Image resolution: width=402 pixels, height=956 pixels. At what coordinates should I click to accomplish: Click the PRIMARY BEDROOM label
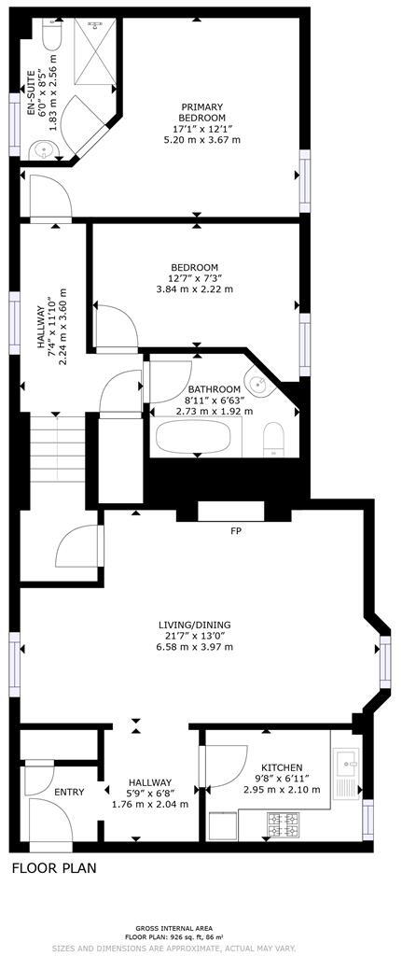[x=202, y=106]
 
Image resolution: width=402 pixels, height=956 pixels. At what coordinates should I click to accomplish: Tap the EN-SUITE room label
[x=30, y=93]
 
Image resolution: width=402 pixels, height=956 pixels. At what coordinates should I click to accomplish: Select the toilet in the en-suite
[x=51, y=36]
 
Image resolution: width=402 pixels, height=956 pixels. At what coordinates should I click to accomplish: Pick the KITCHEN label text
[x=282, y=766]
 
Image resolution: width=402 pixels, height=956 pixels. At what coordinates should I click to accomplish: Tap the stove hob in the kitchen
[x=284, y=823]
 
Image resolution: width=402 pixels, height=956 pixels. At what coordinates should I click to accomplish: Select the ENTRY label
[x=69, y=792]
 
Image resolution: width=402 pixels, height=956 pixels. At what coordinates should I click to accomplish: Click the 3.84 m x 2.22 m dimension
[x=194, y=288]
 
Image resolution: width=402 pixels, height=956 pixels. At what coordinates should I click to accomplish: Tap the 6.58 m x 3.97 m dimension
[x=194, y=646]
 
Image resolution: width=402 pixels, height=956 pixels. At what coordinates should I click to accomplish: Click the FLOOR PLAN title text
[x=53, y=868]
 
